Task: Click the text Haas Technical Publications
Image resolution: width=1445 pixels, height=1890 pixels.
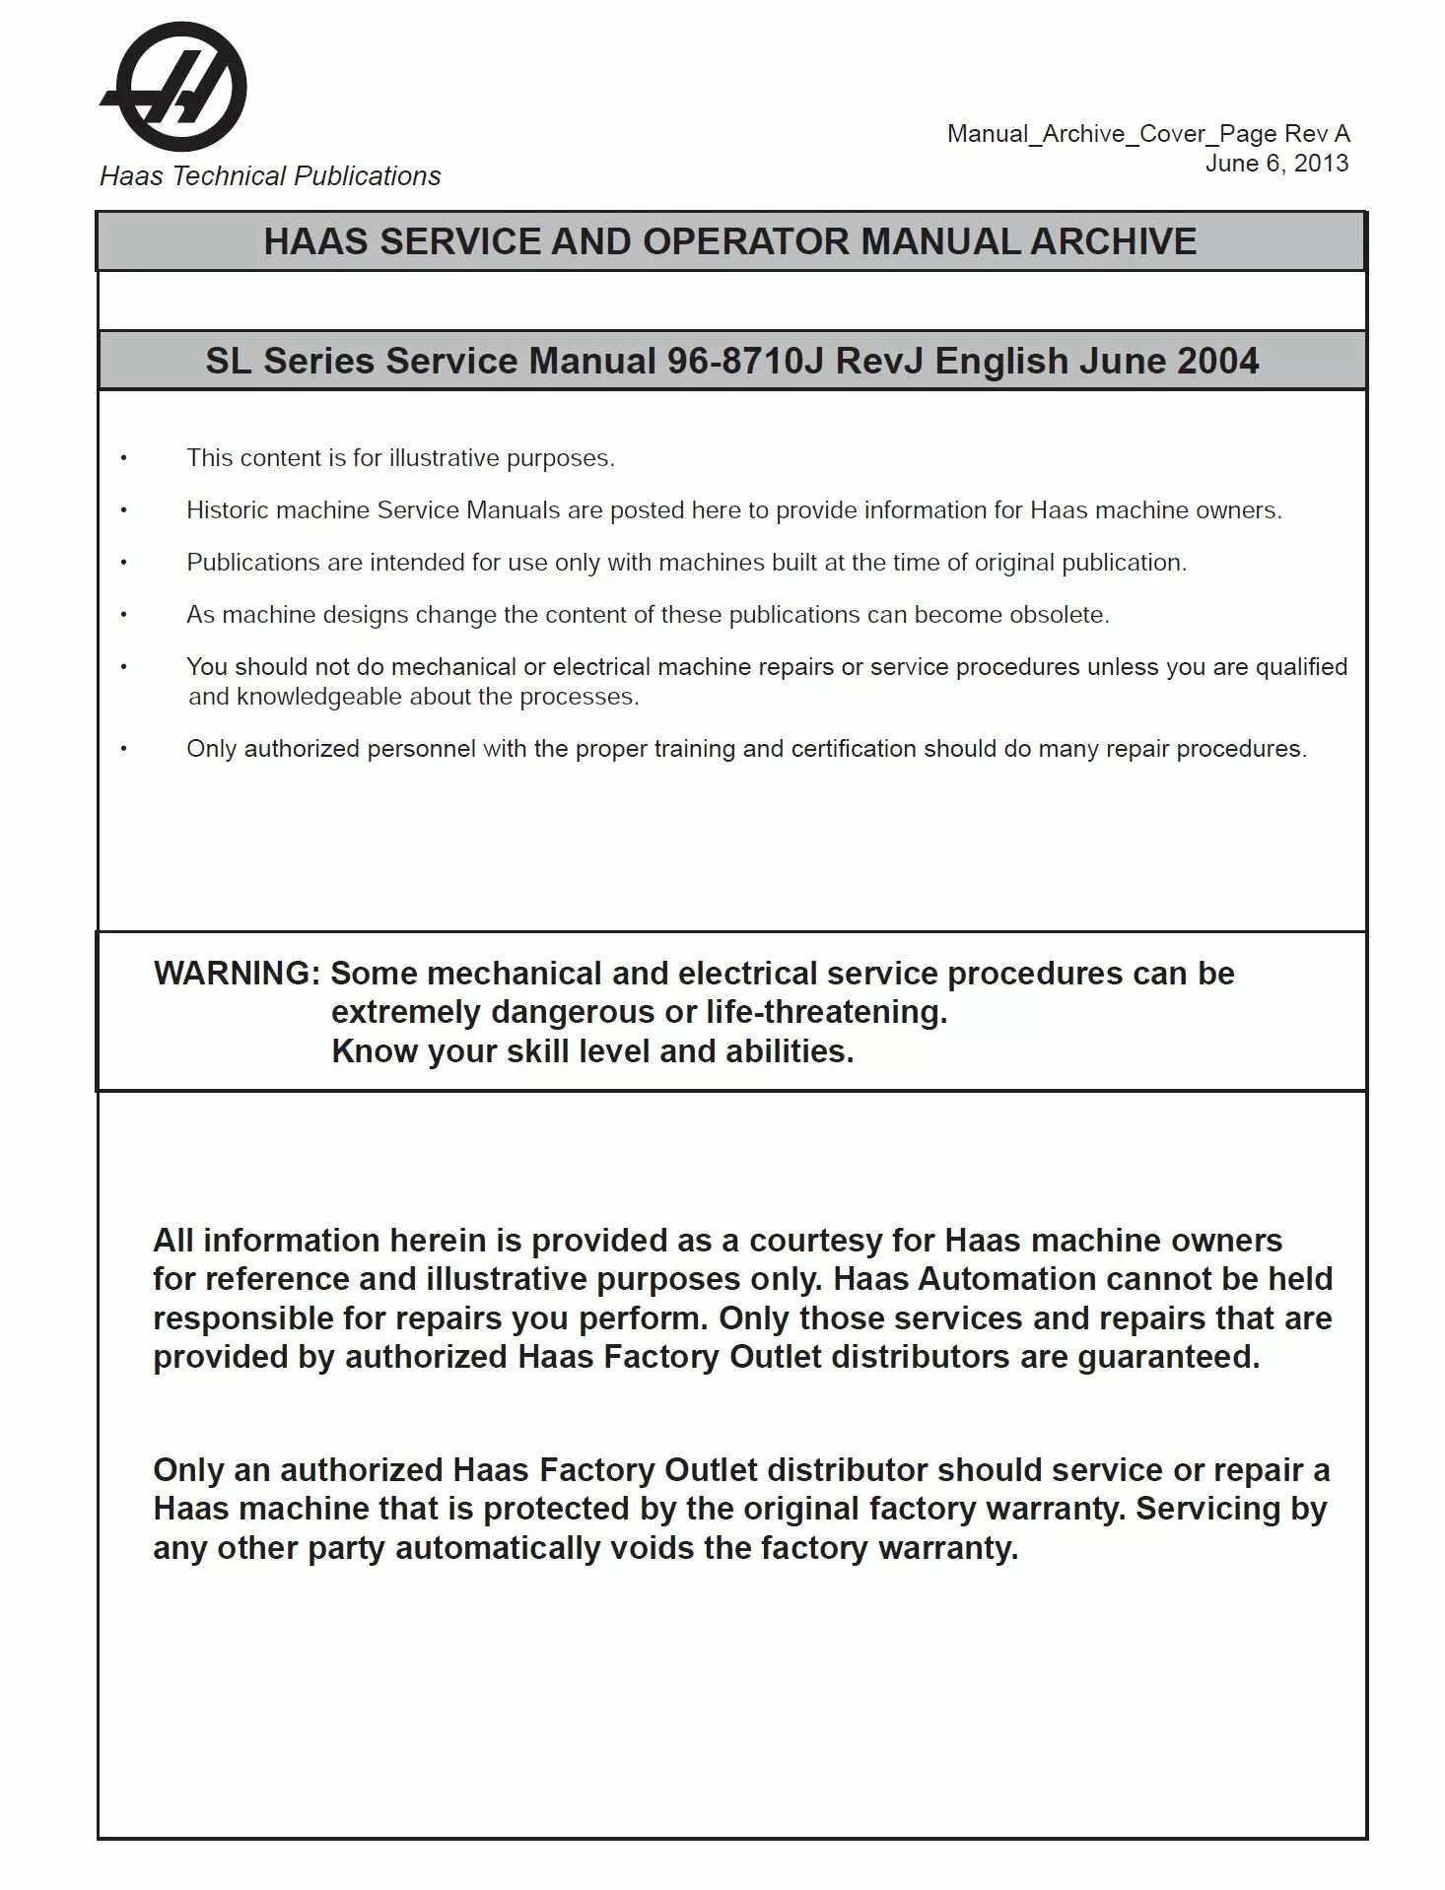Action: click(x=270, y=176)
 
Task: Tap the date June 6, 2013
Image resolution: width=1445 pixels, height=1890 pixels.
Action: click(x=1276, y=164)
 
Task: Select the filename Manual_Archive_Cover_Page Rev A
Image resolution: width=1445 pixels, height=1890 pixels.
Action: click(x=1147, y=134)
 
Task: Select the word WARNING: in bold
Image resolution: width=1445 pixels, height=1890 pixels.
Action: click(x=237, y=974)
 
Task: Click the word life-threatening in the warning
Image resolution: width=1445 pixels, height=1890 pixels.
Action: click(x=825, y=1012)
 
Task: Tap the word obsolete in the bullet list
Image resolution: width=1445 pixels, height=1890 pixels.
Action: click(x=1060, y=615)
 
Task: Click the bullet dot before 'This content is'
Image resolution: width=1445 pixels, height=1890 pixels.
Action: click(x=124, y=458)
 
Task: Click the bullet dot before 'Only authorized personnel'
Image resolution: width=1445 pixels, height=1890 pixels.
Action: click(x=124, y=749)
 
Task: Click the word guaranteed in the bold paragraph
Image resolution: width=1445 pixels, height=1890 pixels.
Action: click(x=1168, y=1358)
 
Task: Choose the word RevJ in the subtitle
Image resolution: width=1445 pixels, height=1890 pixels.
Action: click(x=879, y=362)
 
